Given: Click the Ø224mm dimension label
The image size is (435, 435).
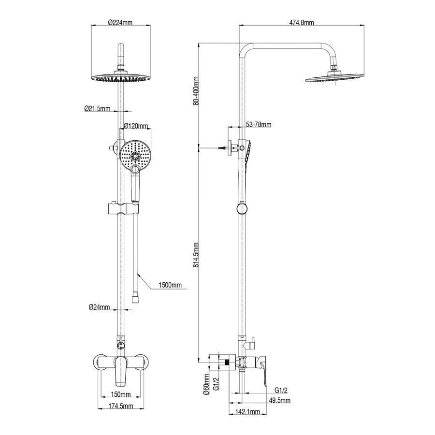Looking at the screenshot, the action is coord(120,22).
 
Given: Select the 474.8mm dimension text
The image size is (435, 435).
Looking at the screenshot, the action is coord(302,22).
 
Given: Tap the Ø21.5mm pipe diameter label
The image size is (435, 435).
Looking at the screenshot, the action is coord(97,108).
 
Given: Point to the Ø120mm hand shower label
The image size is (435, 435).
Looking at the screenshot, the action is coord(136,126).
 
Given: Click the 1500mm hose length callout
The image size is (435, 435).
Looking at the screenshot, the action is coord(170,285).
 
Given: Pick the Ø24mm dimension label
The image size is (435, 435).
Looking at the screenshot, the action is coord(99,307).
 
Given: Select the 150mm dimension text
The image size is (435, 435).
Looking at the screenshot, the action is coord(121,394).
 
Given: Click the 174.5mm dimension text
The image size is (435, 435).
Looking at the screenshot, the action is coord(121,406).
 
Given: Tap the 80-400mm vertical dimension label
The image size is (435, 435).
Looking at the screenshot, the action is coord(196,91).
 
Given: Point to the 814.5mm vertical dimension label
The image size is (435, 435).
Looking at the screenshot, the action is coord(196,255).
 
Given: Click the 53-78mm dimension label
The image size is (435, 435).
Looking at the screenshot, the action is coord(259,125).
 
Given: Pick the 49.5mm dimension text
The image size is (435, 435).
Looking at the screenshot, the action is coord(280,400).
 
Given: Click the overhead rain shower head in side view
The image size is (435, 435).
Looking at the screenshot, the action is coord(334,78).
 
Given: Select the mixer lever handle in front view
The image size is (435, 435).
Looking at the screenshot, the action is coord(121,371).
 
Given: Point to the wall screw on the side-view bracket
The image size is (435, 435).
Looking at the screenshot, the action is coord(223,148).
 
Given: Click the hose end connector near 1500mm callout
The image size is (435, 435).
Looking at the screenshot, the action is coord(135,297).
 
